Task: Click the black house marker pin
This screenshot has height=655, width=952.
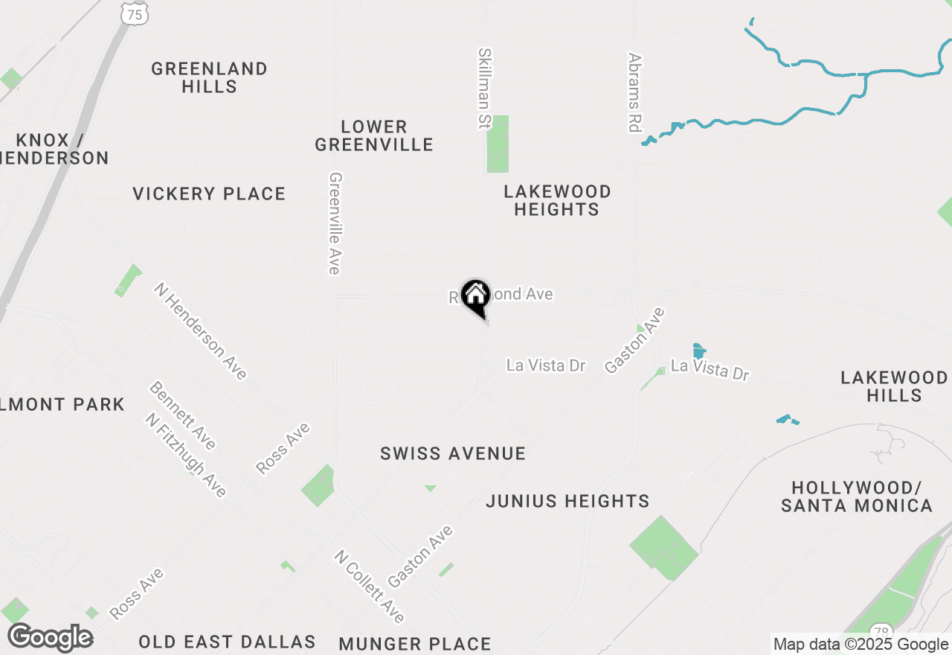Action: tap(475, 297)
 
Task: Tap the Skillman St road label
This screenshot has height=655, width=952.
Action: tap(485, 88)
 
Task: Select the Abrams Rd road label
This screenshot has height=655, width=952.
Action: tap(634, 92)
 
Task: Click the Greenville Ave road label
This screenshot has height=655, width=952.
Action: tap(335, 223)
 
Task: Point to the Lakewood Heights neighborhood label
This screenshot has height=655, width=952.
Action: tap(557, 200)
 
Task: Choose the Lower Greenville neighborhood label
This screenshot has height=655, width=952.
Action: tap(373, 135)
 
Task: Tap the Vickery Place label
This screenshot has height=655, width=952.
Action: tap(209, 194)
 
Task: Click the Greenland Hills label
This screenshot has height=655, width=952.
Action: tap(209, 77)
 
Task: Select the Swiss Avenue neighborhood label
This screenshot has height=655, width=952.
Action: tap(453, 453)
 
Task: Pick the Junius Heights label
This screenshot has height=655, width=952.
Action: tap(567, 501)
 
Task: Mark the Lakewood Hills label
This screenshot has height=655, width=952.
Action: tap(894, 386)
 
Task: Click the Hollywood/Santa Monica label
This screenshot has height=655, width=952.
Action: tap(856, 496)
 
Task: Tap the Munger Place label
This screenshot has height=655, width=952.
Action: tap(414, 644)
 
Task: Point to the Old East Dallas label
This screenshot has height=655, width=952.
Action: tap(227, 642)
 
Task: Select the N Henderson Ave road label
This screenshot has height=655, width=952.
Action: tap(201, 330)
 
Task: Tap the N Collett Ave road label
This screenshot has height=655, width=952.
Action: tap(369, 587)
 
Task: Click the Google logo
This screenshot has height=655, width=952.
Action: tap(51, 638)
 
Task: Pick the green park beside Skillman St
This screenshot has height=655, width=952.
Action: tap(498, 144)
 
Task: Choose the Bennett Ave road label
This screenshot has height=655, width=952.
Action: tap(182, 415)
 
